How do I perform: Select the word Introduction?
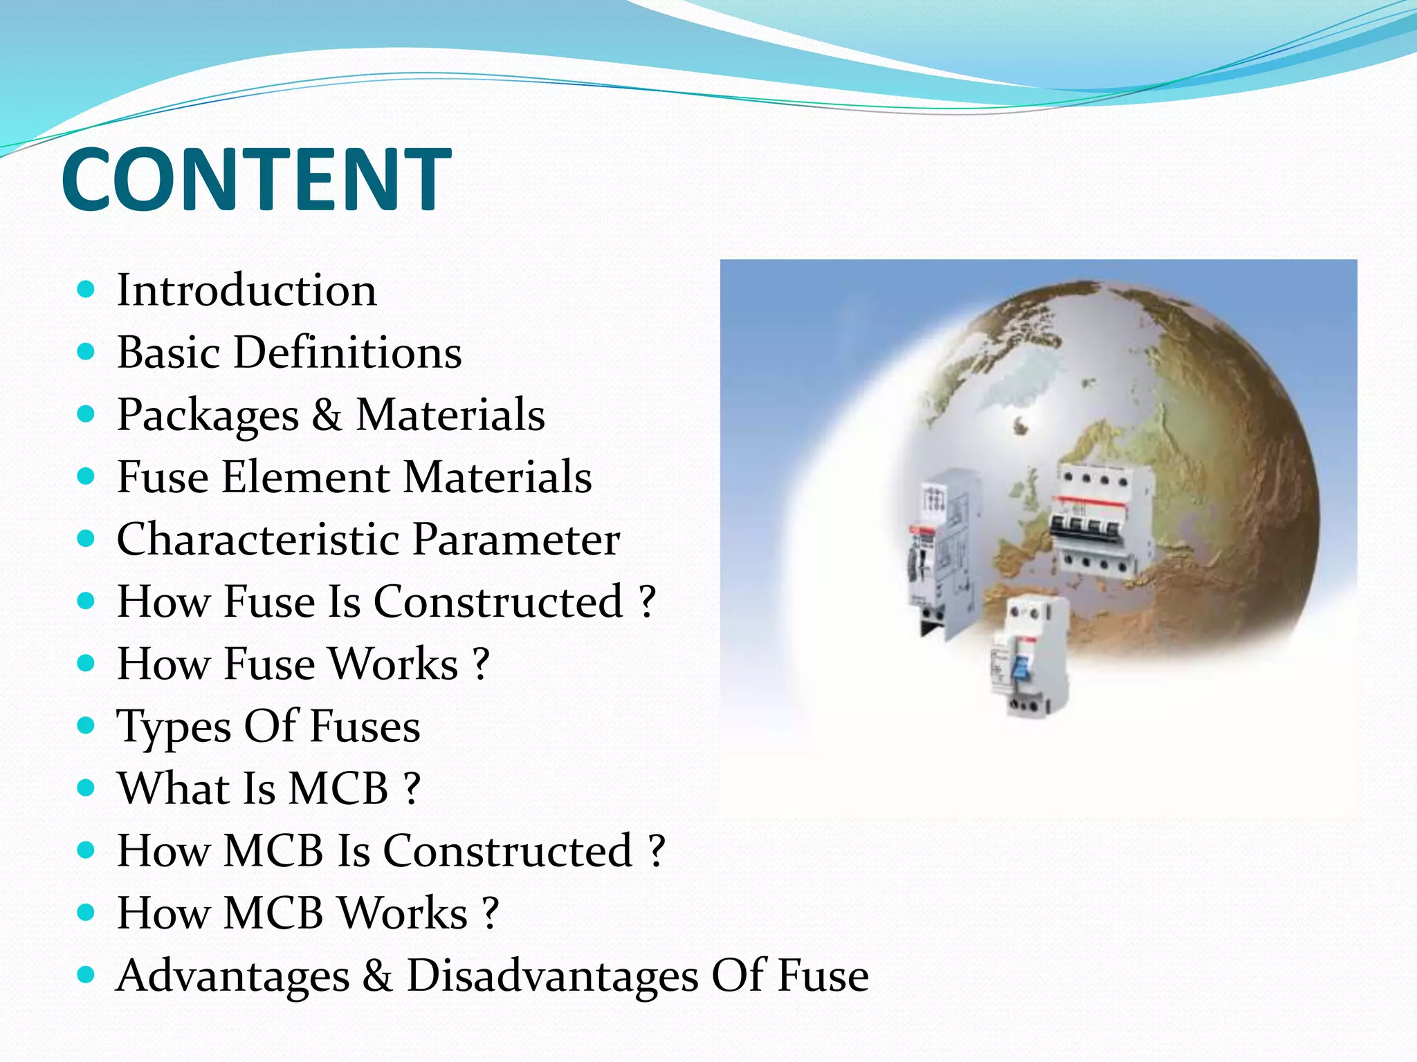(x=247, y=290)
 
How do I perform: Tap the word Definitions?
(x=347, y=353)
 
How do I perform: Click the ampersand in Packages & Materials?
(x=326, y=415)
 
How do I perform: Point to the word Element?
(x=305, y=477)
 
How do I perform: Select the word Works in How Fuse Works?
(x=393, y=664)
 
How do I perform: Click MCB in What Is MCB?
(x=338, y=788)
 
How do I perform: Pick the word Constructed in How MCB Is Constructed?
(x=508, y=850)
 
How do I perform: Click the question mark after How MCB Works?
(x=491, y=913)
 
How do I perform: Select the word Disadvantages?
(x=552, y=976)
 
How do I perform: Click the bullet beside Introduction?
(x=86, y=289)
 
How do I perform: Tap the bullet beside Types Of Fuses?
(x=86, y=725)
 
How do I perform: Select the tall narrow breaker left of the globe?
(x=936, y=553)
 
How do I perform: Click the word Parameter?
(x=516, y=539)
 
